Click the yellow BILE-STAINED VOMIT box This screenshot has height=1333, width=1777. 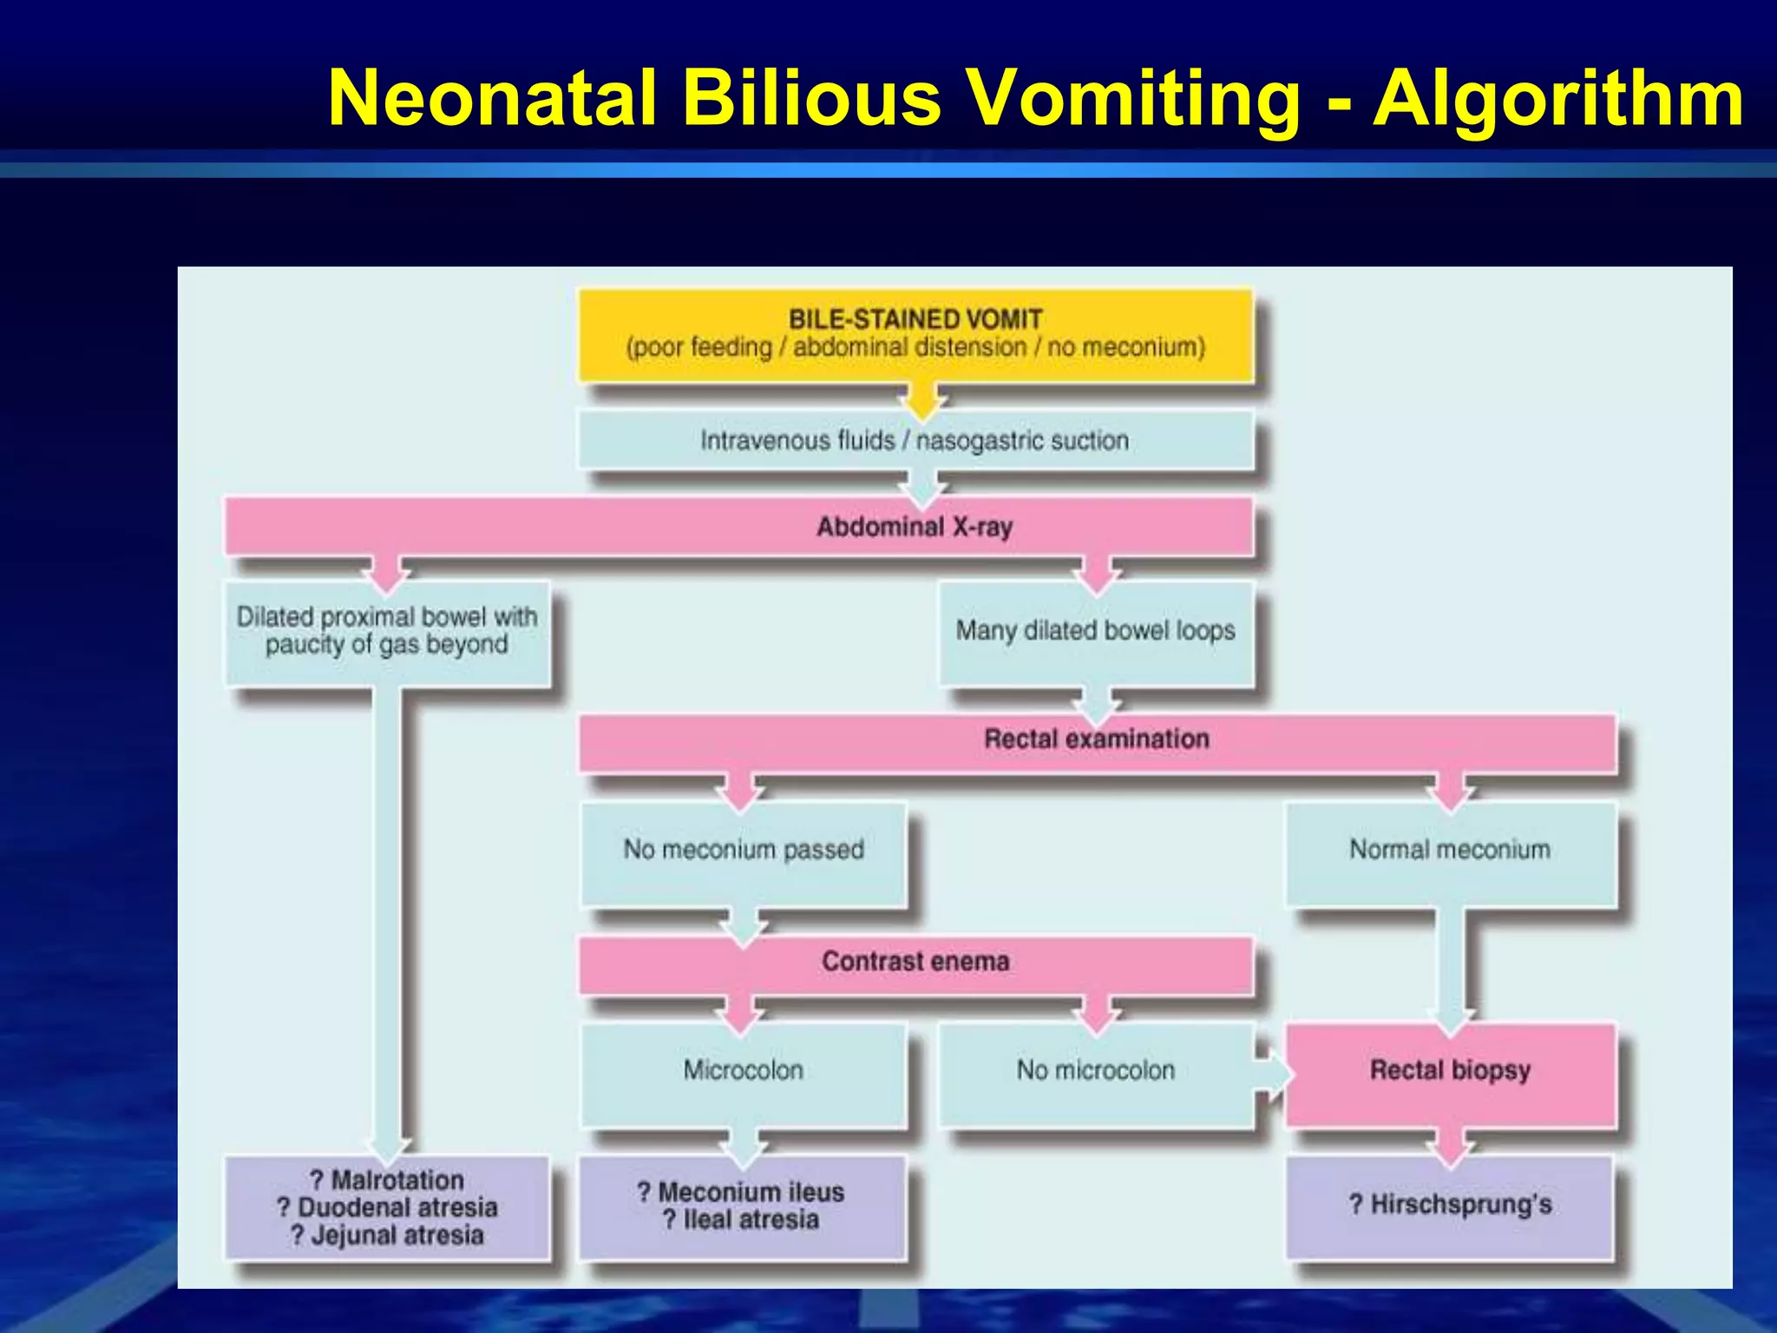[x=915, y=334]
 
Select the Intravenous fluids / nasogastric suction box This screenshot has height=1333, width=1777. [x=915, y=440]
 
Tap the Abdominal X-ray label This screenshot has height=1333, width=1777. [x=915, y=527]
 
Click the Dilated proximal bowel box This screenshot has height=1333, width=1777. [x=387, y=632]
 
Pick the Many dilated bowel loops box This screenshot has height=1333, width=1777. [x=1096, y=631]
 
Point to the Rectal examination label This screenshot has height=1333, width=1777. [x=1097, y=739]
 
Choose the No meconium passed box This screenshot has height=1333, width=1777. [x=744, y=850]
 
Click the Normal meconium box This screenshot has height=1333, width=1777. [x=1450, y=850]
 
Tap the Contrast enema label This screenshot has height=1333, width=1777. [x=915, y=962]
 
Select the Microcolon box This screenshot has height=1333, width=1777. [x=744, y=1071]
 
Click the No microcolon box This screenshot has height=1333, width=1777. [x=1096, y=1071]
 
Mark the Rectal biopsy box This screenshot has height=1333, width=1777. [x=1450, y=1071]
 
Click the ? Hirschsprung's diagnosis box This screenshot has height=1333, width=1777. [x=1450, y=1205]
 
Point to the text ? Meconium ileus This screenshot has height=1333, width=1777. [x=741, y=1192]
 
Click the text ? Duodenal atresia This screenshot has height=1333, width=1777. [x=388, y=1207]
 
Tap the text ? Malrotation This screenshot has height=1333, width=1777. [x=388, y=1180]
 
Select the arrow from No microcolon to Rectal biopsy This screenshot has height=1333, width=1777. [x=1274, y=1074]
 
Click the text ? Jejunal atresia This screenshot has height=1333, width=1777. [x=388, y=1235]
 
